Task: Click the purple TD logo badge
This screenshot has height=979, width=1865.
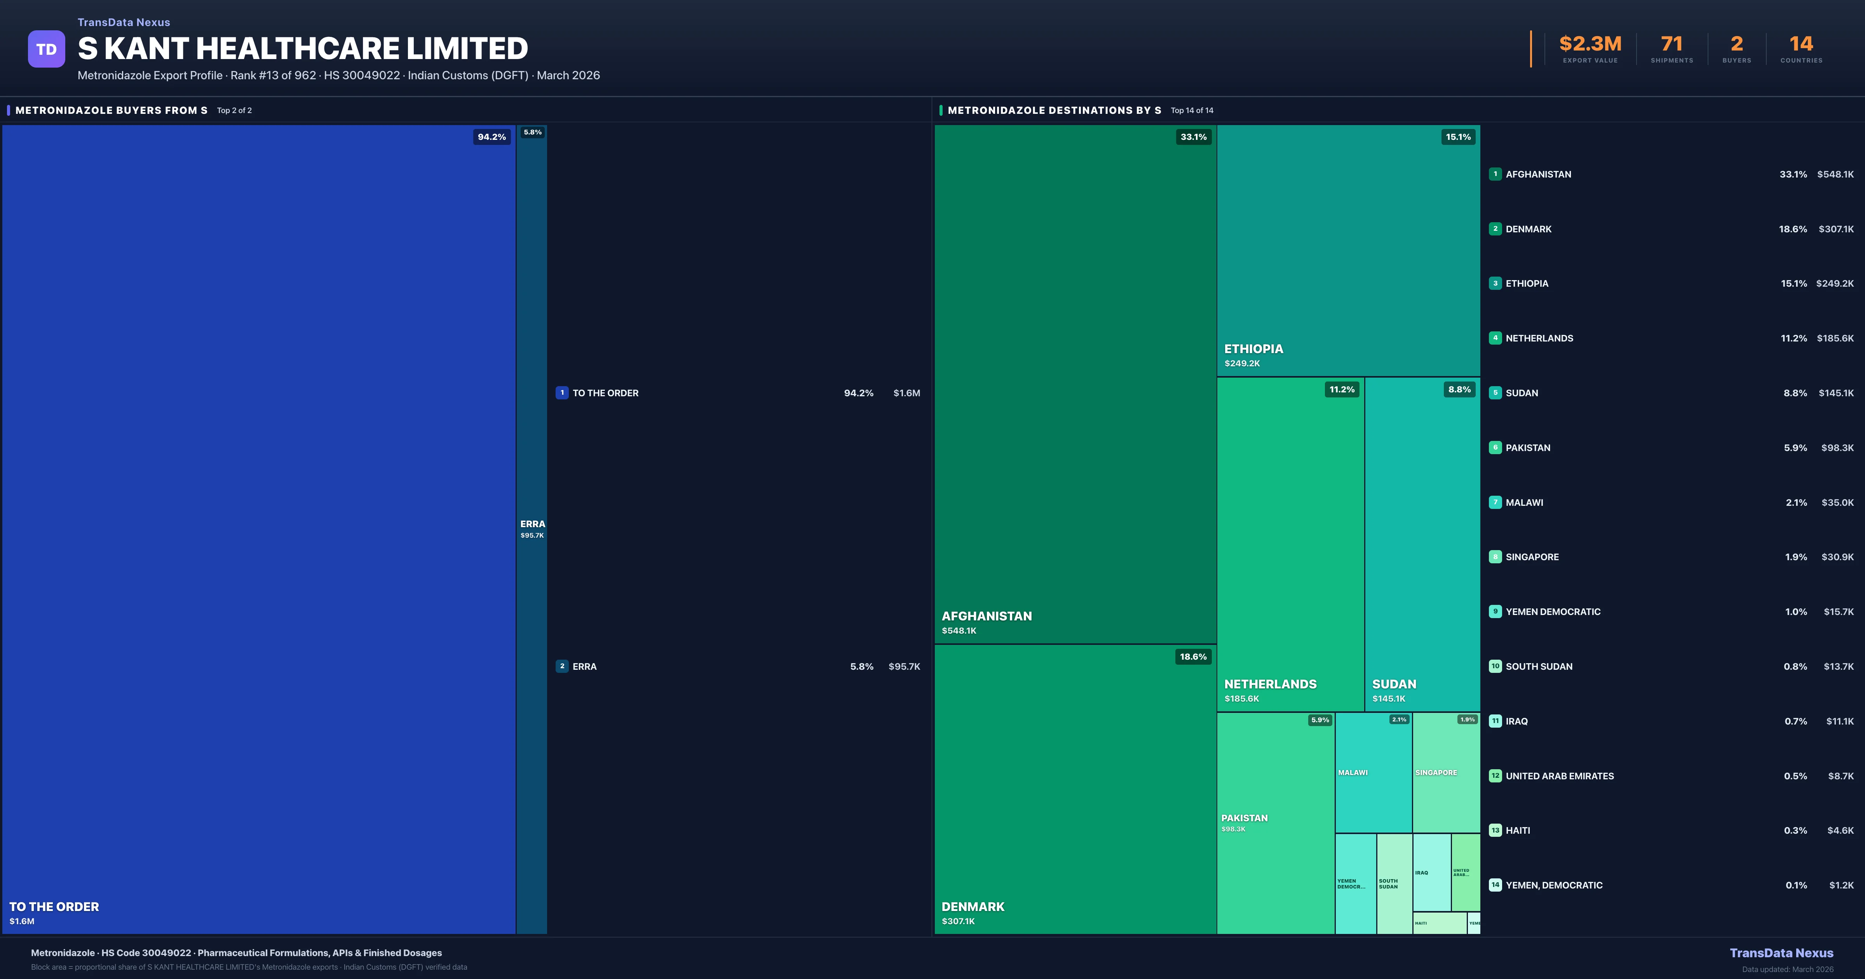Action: tap(46, 49)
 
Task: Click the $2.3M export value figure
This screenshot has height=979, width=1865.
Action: tap(1590, 44)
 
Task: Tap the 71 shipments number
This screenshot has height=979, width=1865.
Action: tap(1672, 44)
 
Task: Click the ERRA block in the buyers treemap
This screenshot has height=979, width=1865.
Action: tap(532, 529)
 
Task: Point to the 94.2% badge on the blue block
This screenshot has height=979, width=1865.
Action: tap(492, 137)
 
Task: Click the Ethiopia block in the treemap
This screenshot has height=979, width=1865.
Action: tap(1348, 250)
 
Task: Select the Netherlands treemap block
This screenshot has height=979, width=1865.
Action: tap(1290, 543)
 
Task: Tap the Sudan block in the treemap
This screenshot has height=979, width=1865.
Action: tap(1422, 543)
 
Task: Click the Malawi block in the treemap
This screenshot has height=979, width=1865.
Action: tap(1373, 773)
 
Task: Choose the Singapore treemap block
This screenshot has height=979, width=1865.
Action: tap(1446, 773)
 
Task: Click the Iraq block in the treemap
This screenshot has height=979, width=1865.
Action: tap(1431, 873)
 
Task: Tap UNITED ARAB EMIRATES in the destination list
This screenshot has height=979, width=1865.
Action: tap(1560, 776)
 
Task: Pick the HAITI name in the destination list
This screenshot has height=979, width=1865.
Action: tap(1518, 831)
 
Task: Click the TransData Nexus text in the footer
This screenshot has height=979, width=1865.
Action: tap(1781, 953)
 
